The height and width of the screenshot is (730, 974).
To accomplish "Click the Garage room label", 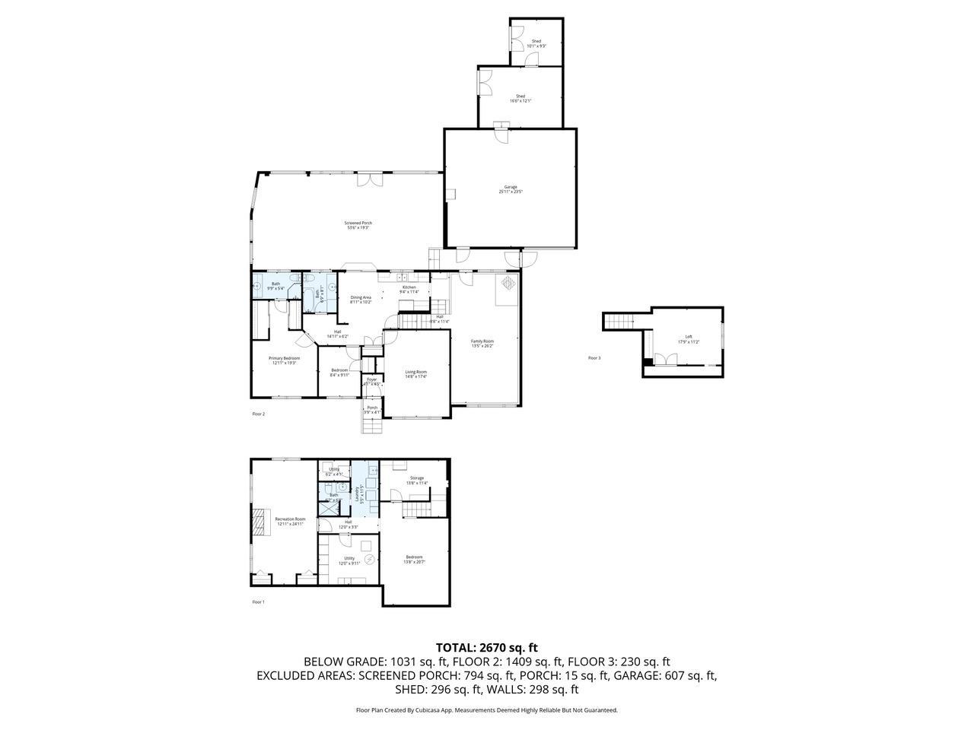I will (510, 189).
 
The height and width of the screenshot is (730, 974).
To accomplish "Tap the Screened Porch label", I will (358, 225).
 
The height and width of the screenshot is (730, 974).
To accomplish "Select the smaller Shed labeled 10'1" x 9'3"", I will (536, 43).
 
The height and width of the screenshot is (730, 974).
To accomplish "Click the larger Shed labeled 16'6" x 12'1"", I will (520, 98).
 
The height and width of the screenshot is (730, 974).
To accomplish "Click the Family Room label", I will (482, 344).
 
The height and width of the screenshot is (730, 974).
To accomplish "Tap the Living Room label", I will (415, 373).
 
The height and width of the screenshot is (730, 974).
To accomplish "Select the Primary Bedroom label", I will (284, 360).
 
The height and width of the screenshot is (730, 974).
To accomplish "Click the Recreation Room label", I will (289, 521).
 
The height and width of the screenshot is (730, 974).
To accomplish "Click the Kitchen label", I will (409, 290).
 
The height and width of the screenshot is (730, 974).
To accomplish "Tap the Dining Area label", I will (361, 300).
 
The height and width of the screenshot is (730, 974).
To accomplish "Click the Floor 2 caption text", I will (259, 414).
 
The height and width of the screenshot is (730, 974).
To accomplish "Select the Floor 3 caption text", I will (594, 357).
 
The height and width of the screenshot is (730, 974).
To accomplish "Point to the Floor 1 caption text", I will (259, 601).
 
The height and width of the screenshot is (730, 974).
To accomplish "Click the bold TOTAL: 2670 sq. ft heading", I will (486, 648).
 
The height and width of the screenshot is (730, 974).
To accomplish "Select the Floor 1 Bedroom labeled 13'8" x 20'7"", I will (414, 559).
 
